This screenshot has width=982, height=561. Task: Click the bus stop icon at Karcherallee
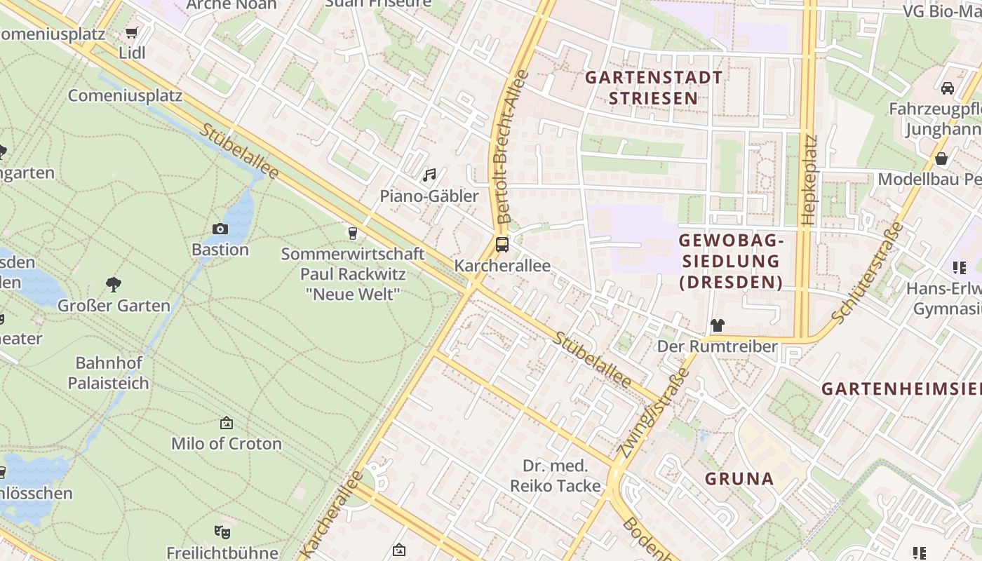tap(502, 245)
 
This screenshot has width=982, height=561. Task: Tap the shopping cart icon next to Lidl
tap(131, 32)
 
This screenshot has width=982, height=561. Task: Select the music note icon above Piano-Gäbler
tap(429, 175)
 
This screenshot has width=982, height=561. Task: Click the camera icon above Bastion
tap(220, 229)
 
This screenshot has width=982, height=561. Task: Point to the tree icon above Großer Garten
tap(114, 284)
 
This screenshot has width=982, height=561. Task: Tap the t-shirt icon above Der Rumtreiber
tap(717, 325)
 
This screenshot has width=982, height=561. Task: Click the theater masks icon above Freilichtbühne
tap(222, 532)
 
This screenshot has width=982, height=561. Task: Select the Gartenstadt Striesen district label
tap(653, 88)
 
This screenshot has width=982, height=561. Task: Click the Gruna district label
tap(739, 479)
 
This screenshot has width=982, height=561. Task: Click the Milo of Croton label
tap(227, 443)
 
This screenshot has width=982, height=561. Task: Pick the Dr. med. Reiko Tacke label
tap(556, 475)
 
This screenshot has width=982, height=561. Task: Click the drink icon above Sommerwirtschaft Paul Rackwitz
tap(353, 233)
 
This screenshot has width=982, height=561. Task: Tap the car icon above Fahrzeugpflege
tap(947, 88)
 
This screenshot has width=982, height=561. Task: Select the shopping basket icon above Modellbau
tap(941, 159)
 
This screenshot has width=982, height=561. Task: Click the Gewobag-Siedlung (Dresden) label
tap(730, 261)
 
